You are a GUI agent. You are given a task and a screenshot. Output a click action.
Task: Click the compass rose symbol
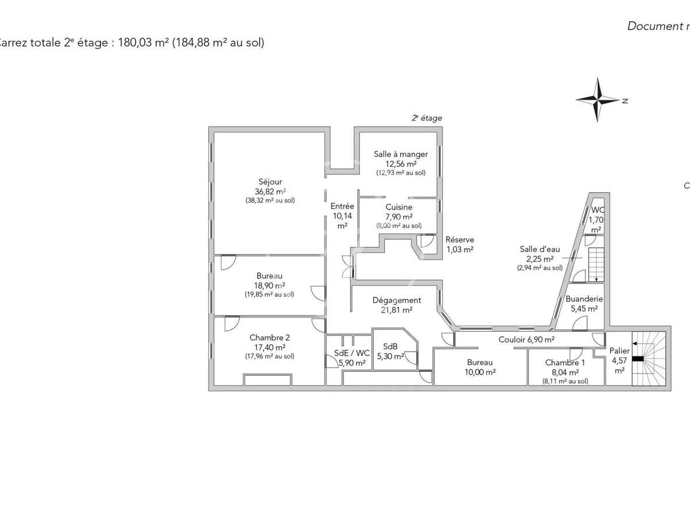pyautogui.click(x=599, y=100)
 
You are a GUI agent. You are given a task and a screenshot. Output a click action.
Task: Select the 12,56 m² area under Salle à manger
pyautogui.click(x=401, y=163)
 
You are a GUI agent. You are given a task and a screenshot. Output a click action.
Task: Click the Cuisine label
pyautogui.click(x=398, y=207)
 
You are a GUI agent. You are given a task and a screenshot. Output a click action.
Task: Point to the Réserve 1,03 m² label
pyautogui.click(x=460, y=245)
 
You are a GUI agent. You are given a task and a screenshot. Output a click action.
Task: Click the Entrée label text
pyautogui.click(x=342, y=206)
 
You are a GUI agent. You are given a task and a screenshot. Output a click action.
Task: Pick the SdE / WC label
pyautogui.click(x=352, y=353)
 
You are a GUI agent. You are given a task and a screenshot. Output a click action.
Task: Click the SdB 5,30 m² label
pyautogui.click(x=390, y=351)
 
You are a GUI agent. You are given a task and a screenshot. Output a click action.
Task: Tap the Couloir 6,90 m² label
pyautogui.click(x=526, y=340)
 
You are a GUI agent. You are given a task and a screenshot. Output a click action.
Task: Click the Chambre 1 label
pyautogui.click(x=565, y=363)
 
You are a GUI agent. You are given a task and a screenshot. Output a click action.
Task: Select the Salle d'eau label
pyautogui.click(x=539, y=249)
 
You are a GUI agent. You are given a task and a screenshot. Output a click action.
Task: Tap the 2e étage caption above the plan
pyautogui.click(x=427, y=118)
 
